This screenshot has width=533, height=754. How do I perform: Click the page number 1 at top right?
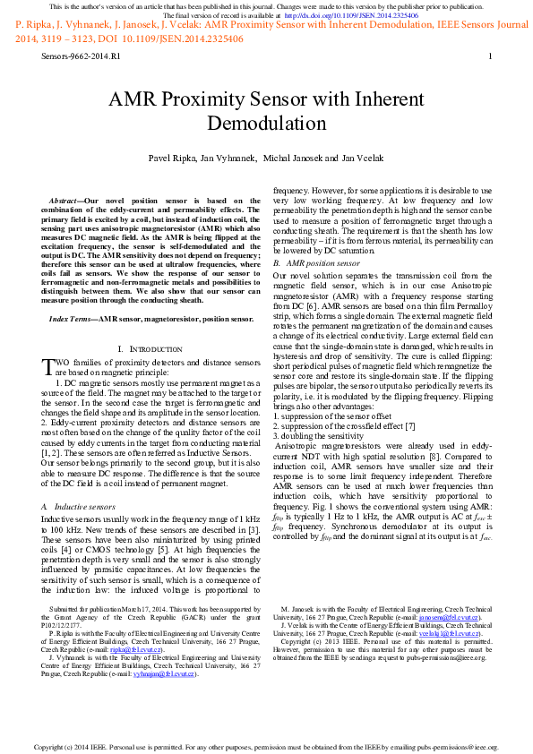point(490,56)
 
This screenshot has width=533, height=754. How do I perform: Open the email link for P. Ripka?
point(138,651)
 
